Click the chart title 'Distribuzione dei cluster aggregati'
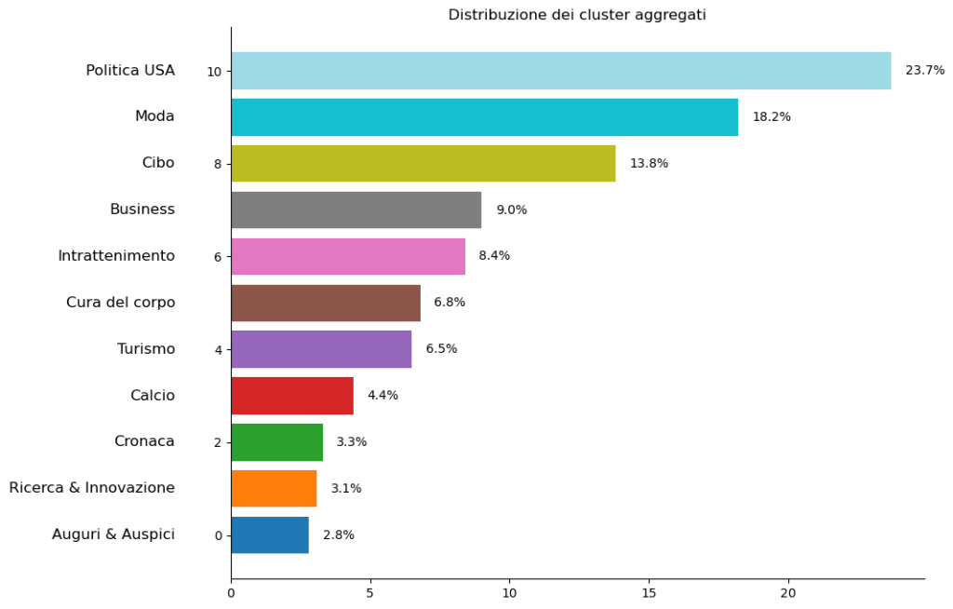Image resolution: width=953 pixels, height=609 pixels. (577, 15)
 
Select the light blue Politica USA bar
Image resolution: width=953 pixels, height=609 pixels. (560, 71)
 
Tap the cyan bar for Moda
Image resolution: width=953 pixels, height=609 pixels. (484, 117)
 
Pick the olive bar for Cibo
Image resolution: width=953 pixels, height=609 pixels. (423, 163)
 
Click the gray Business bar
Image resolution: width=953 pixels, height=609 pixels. (356, 210)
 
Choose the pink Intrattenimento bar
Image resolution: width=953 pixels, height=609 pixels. (347, 256)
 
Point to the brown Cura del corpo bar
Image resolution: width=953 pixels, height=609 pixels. (325, 303)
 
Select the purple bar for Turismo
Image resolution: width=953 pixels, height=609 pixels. (321, 349)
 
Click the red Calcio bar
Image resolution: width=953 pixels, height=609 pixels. (291, 396)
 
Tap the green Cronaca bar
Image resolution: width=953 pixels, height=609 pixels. (276, 442)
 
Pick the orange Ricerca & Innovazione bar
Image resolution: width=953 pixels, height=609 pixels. (274, 488)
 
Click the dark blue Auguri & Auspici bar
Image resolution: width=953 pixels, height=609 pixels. (269, 535)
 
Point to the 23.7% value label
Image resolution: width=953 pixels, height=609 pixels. (924, 71)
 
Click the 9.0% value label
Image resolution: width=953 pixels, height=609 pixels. (511, 210)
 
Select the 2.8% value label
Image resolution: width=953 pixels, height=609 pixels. (338, 535)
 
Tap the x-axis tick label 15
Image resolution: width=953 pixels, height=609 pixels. (649, 593)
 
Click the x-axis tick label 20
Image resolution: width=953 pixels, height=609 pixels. (788, 593)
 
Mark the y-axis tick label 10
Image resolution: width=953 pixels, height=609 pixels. (214, 72)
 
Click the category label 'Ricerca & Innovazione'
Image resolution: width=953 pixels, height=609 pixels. (92, 488)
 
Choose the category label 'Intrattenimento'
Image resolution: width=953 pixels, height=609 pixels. (116, 256)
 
